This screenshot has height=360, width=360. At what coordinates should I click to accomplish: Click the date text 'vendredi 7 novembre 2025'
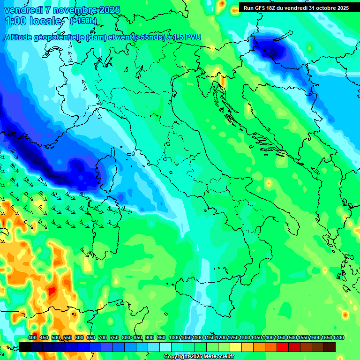point(62,10)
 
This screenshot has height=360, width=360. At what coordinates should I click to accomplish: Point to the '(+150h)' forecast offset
point(83,21)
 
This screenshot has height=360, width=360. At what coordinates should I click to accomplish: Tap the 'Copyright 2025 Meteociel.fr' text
point(199,357)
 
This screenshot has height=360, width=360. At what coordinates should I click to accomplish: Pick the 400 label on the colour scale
point(32,338)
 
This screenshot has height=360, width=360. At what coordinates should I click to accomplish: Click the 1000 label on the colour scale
point(174,338)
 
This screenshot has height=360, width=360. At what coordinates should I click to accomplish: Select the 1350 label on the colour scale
point(256,338)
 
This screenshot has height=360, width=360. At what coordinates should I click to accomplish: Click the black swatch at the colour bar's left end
point(25,347)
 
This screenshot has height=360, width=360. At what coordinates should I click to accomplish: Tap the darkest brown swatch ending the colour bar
point(330,347)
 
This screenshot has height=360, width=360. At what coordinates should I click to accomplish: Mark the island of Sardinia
point(102,230)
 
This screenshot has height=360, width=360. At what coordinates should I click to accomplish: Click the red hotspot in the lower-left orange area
point(52,291)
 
